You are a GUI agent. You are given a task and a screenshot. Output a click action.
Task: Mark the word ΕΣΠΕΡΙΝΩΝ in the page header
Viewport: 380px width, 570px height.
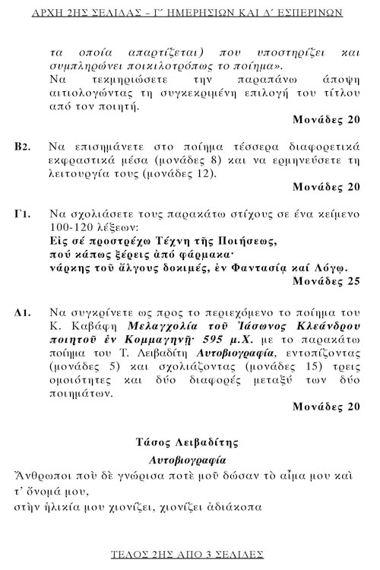(303, 13)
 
